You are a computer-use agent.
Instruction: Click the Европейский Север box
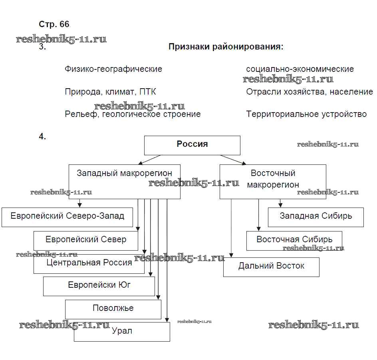point(86,241)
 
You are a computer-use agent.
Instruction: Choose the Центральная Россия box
point(89,263)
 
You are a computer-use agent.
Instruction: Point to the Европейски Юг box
point(99,286)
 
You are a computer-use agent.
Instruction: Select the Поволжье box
point(113,309)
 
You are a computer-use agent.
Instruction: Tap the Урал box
point(122,332)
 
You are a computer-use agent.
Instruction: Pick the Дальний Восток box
point(271,267)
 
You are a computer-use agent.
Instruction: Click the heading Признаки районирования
point(226,47)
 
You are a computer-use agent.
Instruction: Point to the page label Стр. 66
point(54,24)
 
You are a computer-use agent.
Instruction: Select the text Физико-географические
point(113,69)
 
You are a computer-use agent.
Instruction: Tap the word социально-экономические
point(300,69)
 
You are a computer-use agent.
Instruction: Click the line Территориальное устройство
point(306,115)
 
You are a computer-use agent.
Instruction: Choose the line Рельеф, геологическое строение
point(133,115)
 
